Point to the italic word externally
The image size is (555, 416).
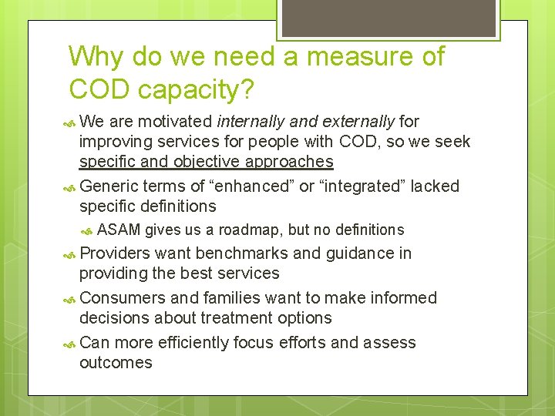click(x=357, y=121)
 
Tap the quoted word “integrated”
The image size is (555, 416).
click(x=362, y=186)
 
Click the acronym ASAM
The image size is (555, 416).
click(x=119, y=230)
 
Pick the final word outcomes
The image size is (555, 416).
click(x=116, y=363)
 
